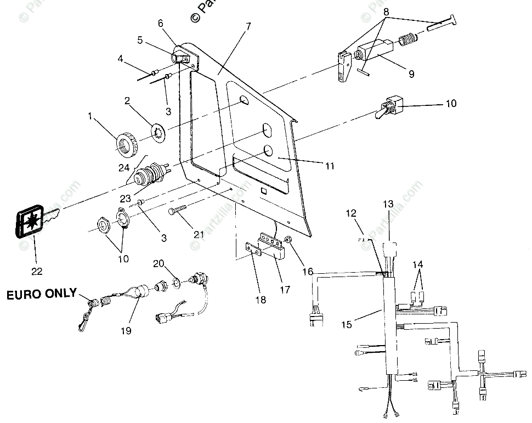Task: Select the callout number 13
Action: point(388,204)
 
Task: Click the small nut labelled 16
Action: point(289,240)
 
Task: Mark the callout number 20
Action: point(159,263)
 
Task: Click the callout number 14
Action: point(418,264)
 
